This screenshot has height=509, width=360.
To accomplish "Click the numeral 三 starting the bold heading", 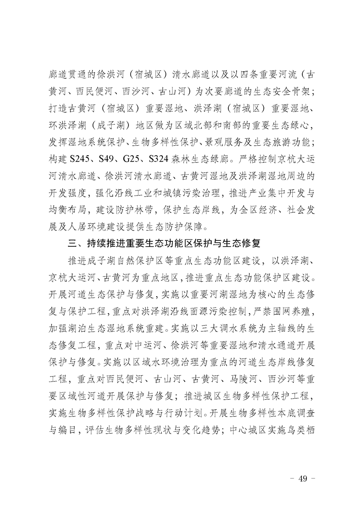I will click(x=72, y=244).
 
